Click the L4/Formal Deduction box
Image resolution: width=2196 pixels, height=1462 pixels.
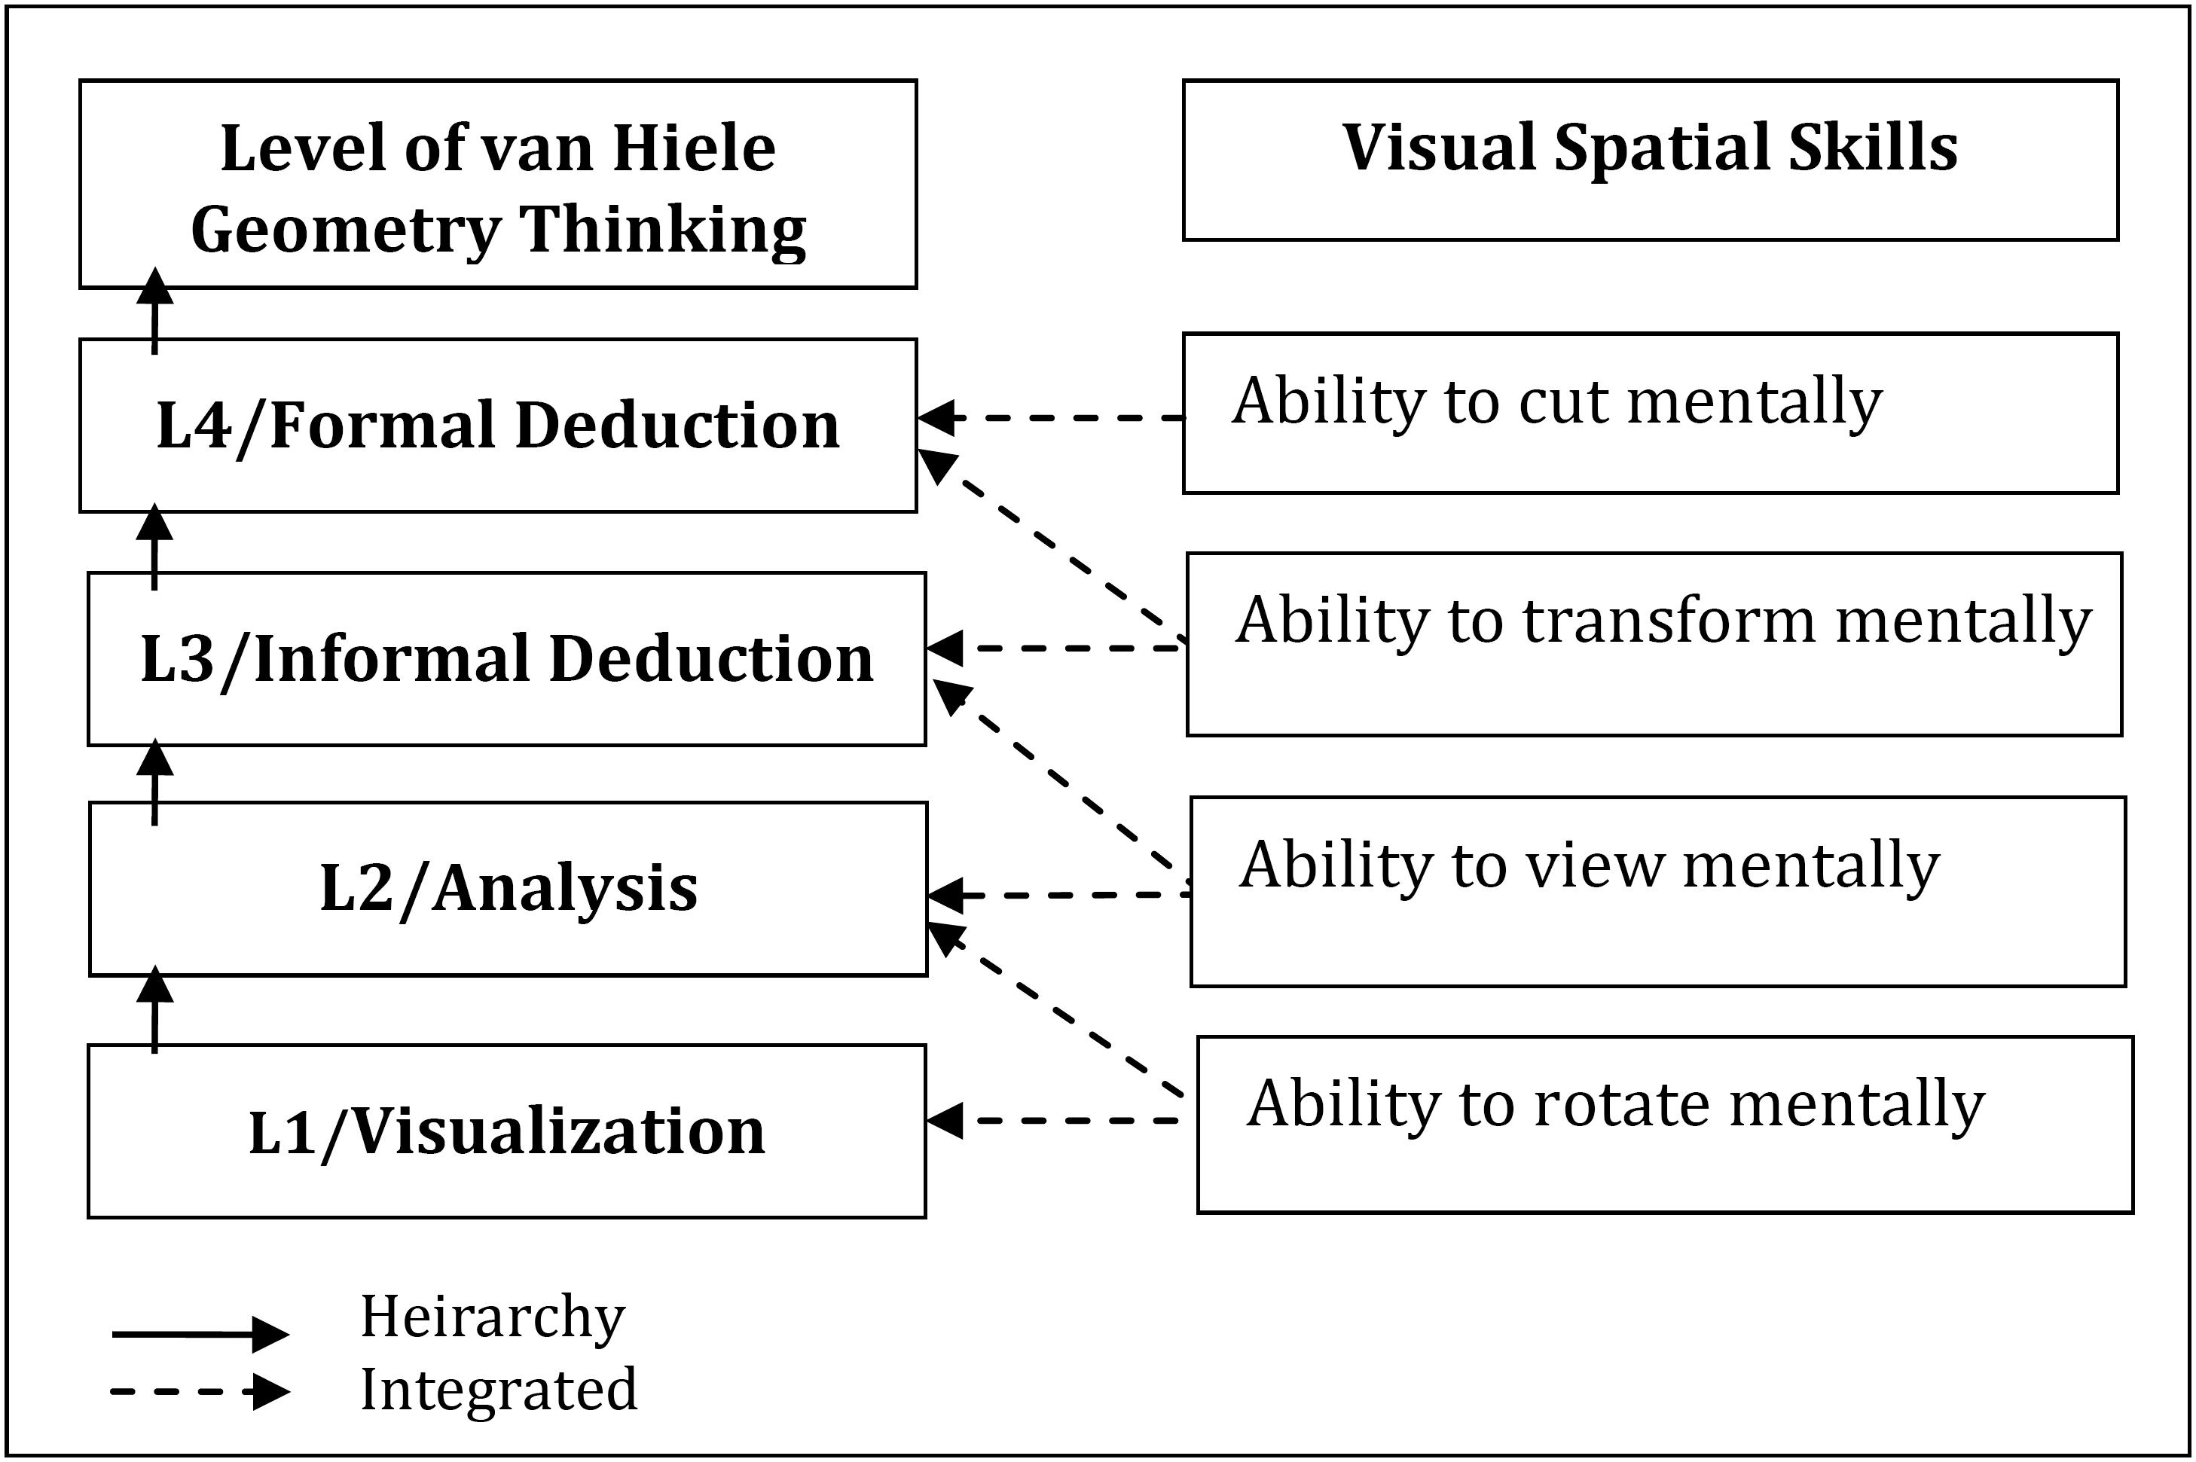(498, 425)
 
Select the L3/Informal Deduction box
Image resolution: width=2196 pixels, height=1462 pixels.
(506, 658)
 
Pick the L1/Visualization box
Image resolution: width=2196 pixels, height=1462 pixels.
(506, 1131)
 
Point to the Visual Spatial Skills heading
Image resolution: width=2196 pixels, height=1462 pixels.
(1650, 148)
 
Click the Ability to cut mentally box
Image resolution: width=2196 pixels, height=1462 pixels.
(1651, 412)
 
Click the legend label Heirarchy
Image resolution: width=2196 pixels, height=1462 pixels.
(493, 1317)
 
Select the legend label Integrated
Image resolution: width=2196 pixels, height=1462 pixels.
(499, 1388)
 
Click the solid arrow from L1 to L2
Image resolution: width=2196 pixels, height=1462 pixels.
(154, 1010)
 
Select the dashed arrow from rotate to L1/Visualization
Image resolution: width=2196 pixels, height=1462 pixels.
(1054, 1120)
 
